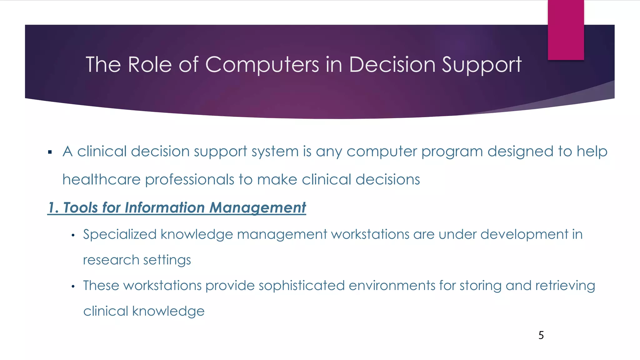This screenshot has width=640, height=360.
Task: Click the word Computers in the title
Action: [262, 65]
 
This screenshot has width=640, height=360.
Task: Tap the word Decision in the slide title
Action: [392, 65]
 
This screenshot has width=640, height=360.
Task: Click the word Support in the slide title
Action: [482, 65]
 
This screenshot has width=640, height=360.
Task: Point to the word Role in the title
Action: [150, 65]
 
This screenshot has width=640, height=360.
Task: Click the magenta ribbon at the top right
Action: [566, 30]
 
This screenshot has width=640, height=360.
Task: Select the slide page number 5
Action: [541, 335]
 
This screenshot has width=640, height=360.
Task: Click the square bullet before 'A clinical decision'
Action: [50, 152]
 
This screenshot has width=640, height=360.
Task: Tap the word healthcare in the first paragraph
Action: [101, 180]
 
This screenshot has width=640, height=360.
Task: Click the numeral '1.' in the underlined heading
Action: [53, 208]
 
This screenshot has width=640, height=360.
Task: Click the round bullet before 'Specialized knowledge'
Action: [73, 235]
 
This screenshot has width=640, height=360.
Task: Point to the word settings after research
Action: [167, 260]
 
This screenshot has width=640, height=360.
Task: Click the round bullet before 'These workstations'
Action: [73, 287]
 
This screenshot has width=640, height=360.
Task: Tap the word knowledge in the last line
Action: [168, 312]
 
